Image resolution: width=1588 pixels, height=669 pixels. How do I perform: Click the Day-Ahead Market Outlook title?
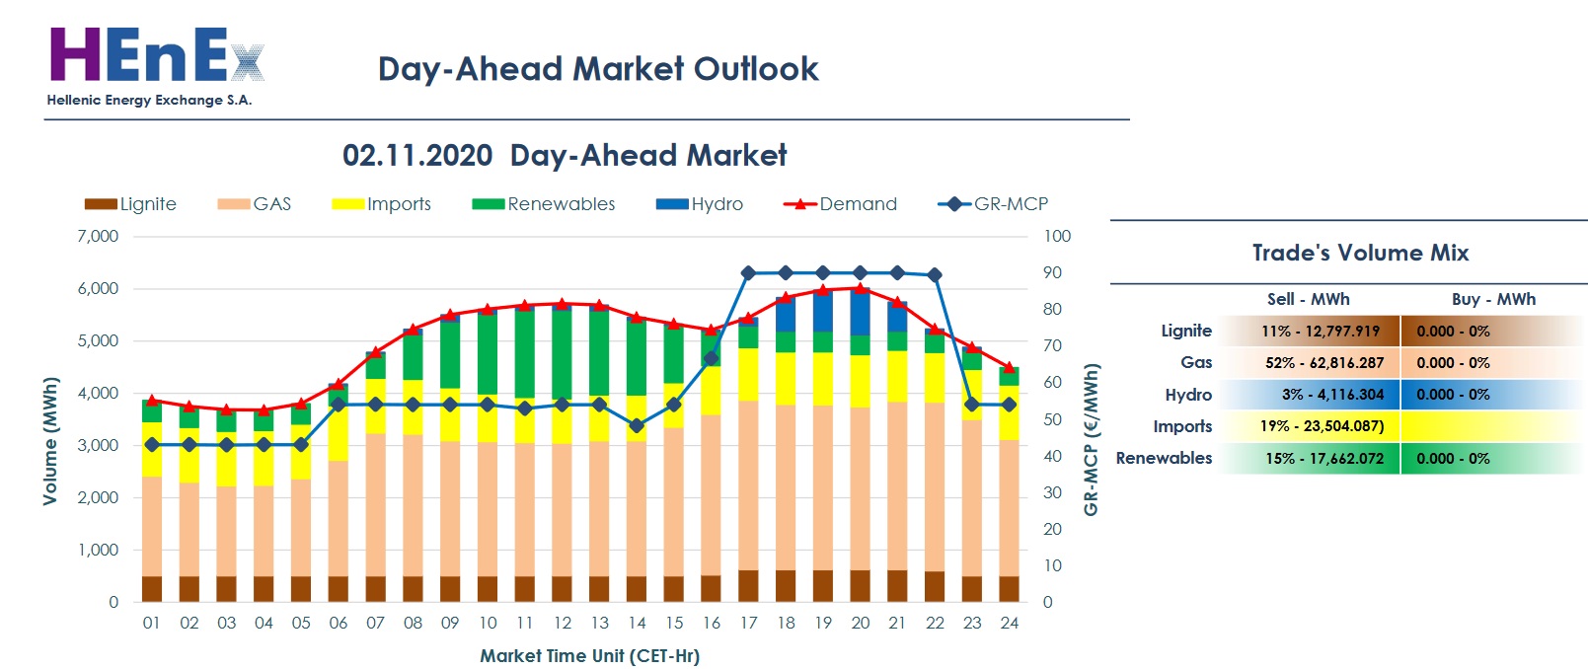pyautogui.click(x=598, y=69)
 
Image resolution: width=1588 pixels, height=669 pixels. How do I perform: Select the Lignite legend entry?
pyautogui.click(x=130, y=204)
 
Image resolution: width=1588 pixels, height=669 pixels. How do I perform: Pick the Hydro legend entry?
pyautogui.click(x=700, y=204)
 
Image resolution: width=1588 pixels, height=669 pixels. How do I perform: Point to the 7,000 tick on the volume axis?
pyautogui.click(x=98, y=237)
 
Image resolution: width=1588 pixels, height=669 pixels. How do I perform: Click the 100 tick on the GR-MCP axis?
pyautogui.click(x=1057, y=237)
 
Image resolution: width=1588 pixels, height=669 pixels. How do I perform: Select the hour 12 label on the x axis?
pyautogui.click(x=563, y=624)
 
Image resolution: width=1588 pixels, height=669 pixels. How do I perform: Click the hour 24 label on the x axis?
pyautogui.click(x=1009, y=624)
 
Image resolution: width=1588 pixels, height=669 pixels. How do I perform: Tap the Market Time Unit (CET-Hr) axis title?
pyautogui.click(x=589, y=656)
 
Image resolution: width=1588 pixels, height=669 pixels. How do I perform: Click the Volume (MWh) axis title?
pyautogui.click(x=50, y=440)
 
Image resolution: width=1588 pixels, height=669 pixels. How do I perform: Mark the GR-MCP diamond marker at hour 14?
pyautogui.click(x=637, y=426)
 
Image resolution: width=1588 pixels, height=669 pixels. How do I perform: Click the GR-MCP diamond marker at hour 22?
pyautogui.click(x=935, y=275)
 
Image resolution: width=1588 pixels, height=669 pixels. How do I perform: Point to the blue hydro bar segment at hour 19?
pyautogui.click(x=823, y=311)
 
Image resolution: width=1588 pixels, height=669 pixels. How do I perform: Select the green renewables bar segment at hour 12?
pyautogui.click(x=563, y=353)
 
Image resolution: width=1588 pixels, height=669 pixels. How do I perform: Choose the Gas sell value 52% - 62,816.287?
pyautogui.click(x=1323, y=363)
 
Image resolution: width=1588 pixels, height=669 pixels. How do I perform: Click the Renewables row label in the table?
pyautogui.click(x=1164, y=459)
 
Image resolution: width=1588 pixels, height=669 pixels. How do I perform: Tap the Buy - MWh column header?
pyautogui.click(x=1493, y=299)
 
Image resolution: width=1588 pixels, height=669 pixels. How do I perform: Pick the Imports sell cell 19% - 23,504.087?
pyautogui.click(x=1322, y=426)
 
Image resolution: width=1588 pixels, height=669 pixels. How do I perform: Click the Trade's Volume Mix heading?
pyautogui.click(x=1360, y=254)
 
